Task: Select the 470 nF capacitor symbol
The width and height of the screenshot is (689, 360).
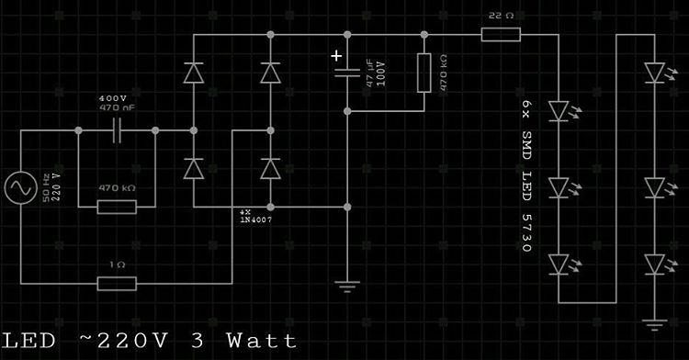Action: click(118, 131)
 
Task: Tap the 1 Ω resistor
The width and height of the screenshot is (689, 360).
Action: click(117, 283)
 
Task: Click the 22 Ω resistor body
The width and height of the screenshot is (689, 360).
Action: click(501, 35)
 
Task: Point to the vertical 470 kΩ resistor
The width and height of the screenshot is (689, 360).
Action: click(424, 73)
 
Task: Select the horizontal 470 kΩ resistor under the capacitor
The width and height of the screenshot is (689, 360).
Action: click(117, 207)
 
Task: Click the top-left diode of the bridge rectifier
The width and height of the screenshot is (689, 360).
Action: click(194, 73)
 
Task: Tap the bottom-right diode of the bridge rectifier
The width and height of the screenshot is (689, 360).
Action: click(269, 169)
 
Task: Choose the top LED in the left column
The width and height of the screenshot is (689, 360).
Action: click(559, 111)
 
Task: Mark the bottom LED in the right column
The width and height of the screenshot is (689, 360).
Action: click(653, 264)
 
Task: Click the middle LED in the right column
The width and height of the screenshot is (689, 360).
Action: click(653, 187)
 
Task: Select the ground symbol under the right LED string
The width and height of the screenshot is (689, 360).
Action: click(653, 322)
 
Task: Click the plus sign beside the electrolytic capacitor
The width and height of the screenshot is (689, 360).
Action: click(337, 56)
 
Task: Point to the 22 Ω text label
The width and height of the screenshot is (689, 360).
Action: click(500, 17)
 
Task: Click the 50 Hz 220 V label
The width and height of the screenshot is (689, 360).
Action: click(51, 187)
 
